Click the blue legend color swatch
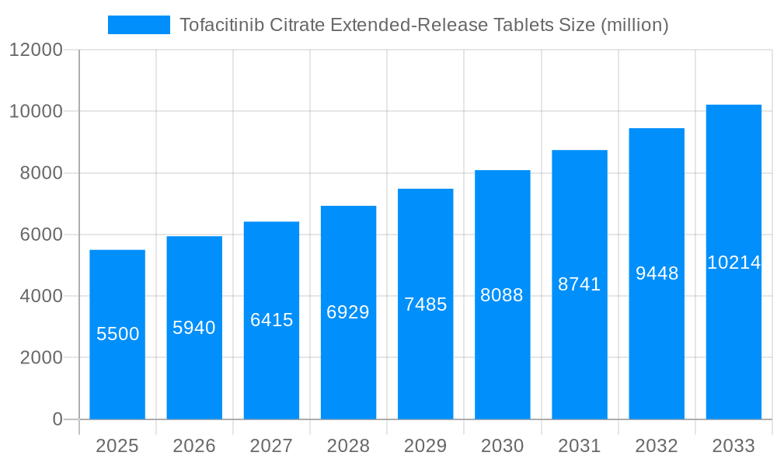138,25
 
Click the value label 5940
194,328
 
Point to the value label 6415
271,320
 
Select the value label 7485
425,304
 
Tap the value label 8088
502,295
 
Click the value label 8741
580,284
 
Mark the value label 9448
657,273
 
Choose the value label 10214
733,263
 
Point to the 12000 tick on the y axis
36,50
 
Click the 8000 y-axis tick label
40,173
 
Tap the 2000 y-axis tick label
40,358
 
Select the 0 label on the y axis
57,419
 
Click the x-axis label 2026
194,446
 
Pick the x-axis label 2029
425,446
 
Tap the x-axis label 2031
580,446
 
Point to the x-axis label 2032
657,446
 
